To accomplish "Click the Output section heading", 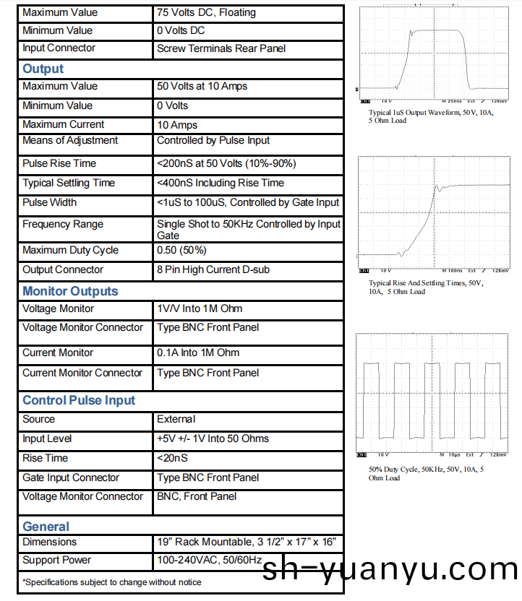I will click(43, 69).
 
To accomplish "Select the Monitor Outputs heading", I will click(70, 291).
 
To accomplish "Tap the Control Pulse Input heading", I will click(79, 400).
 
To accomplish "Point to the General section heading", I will click(46, 527).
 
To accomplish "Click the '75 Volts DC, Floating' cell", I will click(206, 12).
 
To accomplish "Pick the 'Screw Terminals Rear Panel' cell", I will click(221, 48).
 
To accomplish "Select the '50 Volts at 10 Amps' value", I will click(202, 86).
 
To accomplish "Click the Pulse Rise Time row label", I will click(59, 163).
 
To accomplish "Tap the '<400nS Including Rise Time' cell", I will click(221, 183).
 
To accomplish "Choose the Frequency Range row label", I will click(63, 224).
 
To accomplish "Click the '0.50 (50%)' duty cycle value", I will click(181, 250).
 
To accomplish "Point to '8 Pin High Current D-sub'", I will click(213, 269).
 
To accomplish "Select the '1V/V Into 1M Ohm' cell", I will click(200, 308).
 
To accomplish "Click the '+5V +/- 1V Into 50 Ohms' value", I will click(213, 438).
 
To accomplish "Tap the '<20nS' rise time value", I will click(172, 458).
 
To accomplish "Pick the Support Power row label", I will click(57, 560).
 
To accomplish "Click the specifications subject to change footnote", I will click(112, 581).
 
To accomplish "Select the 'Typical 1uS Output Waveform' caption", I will click(431, 116).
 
